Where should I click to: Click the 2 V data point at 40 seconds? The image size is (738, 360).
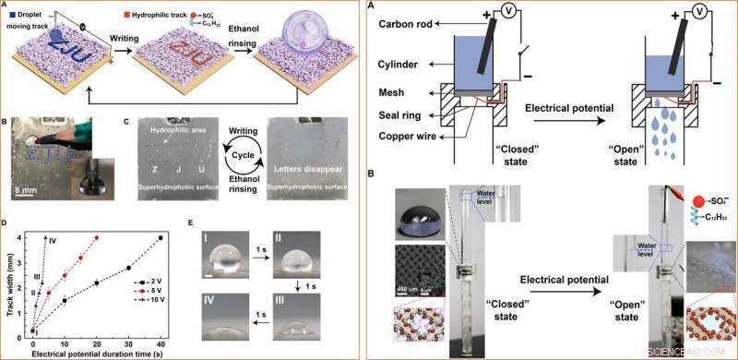pyautogui.click(x=160, y=238)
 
